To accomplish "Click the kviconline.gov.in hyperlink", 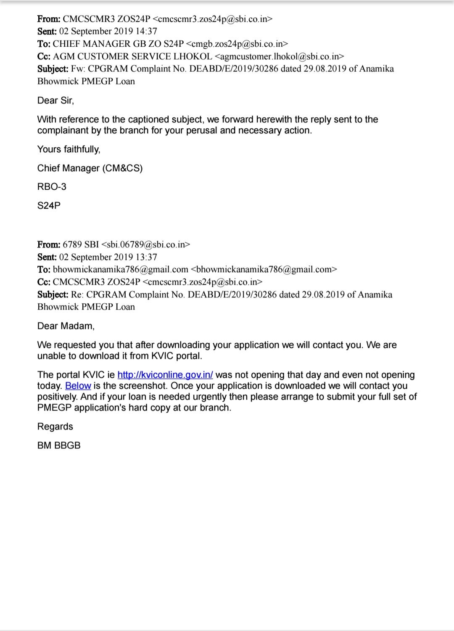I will (x=165, y=375).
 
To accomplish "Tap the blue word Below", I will (x=78, y=386).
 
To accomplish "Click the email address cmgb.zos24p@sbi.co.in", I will (x=237, y=44).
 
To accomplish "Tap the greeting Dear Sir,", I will (x=55, y=101).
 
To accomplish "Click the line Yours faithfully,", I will (x=69, y=149).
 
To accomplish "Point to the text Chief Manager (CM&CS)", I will (x=90, y=168).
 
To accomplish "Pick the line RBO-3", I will (x=52, y=187).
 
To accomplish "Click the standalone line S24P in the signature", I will (x=49, y=206).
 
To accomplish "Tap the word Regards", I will (x=55, y=427).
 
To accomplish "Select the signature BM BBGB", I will (x=59, y=445).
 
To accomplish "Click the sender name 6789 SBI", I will (x=81, y=244).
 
